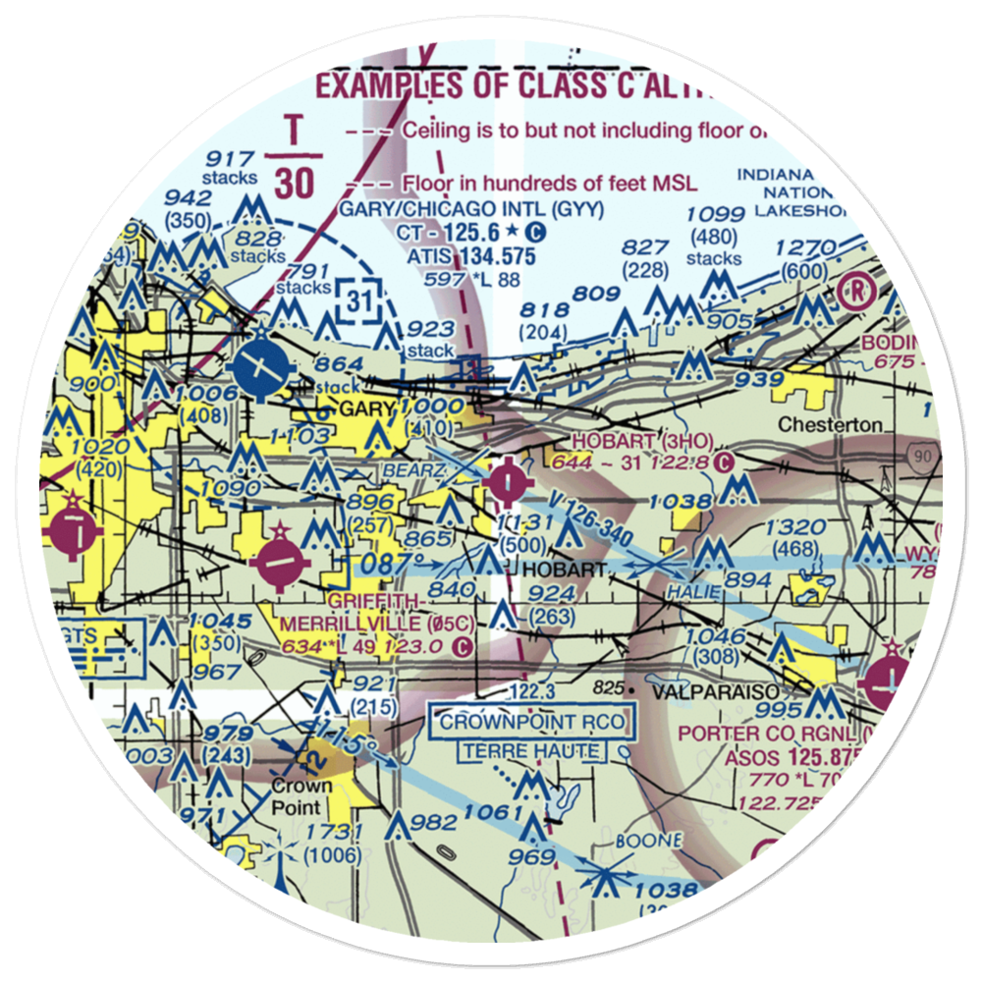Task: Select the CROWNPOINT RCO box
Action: tap(532, 723)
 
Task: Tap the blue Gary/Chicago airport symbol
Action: tap(257, 369)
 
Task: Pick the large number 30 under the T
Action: tap(293, 180)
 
